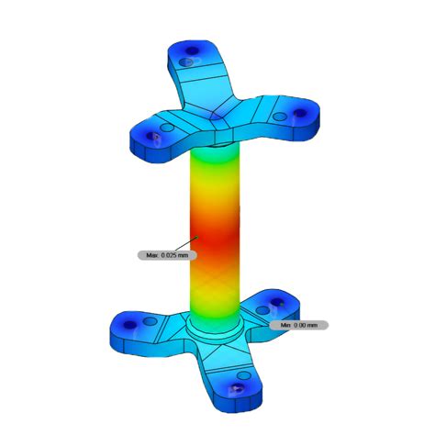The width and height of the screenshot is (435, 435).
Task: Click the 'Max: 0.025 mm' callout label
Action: tap(162, 255)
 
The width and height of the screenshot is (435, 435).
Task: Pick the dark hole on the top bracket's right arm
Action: tap(298, 114)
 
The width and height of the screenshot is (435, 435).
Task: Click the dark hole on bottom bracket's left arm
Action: tap(129, 322)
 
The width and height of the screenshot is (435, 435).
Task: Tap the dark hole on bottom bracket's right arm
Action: tap(278, 308)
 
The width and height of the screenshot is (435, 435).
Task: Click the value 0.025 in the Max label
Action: tap(169, 255)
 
